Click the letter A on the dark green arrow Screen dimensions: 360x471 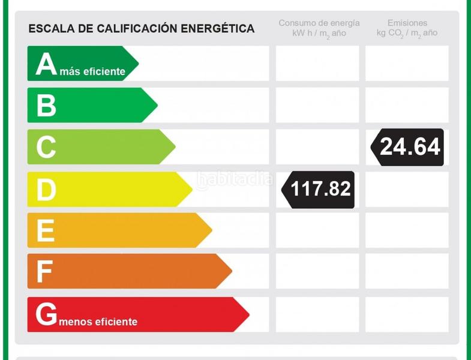click(46, 64)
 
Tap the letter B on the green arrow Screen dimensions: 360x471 click(46, 106)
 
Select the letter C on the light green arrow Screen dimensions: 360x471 click(46, 148)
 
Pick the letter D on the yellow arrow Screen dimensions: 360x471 click(46, 190)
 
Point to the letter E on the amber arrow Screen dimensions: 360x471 click(46, 231)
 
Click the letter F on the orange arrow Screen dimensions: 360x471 click(44, 272)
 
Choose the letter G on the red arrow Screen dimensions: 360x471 click(47, 314)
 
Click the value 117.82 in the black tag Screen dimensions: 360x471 click(320, 190)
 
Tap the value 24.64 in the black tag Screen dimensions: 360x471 click(410, 147)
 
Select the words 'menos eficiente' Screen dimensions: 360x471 click(99, 322)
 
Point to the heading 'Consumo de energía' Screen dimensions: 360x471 click(319, 23)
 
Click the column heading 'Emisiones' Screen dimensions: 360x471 click(407, 23)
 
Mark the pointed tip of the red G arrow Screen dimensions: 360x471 click(248, 314)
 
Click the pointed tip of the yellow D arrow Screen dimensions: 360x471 click(192, 190)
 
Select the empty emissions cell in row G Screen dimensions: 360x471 click(407, 314)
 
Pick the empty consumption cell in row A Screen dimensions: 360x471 click(317, 64)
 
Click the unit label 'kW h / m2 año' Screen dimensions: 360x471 click(319, 34)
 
